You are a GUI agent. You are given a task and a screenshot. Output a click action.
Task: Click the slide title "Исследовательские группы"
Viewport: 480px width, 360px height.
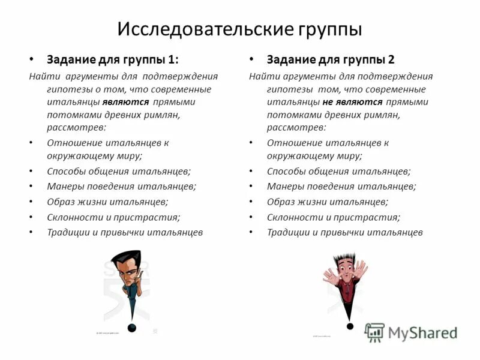tap(239, 28)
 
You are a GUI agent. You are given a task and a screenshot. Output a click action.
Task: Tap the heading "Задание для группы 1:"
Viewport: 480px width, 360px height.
tap(113, 59)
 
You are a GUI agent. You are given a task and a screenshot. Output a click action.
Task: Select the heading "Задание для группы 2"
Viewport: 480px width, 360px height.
tap(331, 59)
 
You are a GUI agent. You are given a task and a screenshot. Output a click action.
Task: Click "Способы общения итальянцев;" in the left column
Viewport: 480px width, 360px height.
tap(119, 171)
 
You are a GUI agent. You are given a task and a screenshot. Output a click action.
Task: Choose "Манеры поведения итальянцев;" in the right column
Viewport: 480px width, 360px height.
tap(341, 186)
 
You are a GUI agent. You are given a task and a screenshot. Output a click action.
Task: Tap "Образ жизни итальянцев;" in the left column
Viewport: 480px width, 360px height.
tap(107, 202)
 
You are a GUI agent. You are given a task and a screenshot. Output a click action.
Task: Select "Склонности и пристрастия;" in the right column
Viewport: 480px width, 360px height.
tap(334, 217)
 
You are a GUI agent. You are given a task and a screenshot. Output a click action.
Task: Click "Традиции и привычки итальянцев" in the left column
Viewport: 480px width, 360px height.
tap(125, 232)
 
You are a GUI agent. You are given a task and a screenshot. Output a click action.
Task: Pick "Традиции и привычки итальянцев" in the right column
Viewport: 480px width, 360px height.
tap(345, 232)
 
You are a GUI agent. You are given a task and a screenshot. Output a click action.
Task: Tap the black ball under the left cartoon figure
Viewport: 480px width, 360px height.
tap(132, 327)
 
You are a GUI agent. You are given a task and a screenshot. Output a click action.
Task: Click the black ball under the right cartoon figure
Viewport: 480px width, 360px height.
tap(349, 326)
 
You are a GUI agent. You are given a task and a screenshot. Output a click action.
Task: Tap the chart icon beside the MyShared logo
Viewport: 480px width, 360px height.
tap(375, 332)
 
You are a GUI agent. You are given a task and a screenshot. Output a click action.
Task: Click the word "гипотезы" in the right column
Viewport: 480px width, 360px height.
tap(286, 89)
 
